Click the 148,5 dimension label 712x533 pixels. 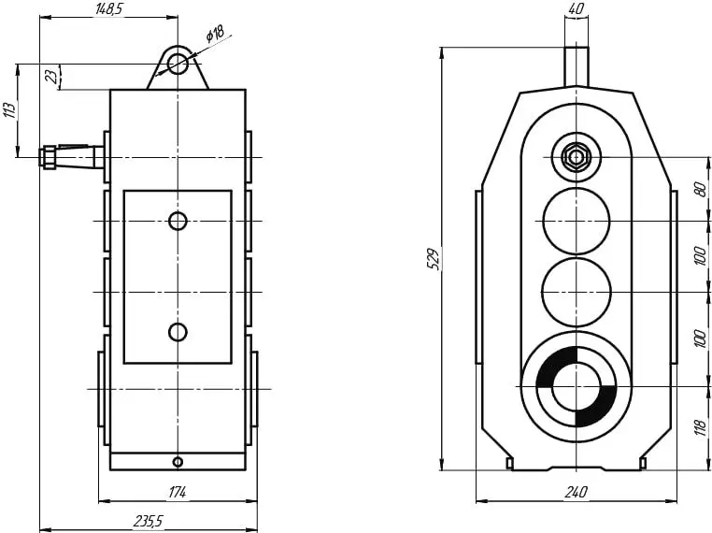(x=109, y=8)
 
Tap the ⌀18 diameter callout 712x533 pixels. (x=215, y=33)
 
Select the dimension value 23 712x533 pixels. (x=53, y=76)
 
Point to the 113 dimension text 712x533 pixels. (x=9, y=110)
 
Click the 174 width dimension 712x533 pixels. (x=178, y=492)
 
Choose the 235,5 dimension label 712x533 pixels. (x=148, y=521)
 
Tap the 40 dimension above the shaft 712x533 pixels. (x=576, y=8)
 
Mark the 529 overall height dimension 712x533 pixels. (x=434, y=259)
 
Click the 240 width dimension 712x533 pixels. (x=576, y=492)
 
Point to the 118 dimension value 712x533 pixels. (x=701, y=427)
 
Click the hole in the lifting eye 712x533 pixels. (x=178, y=64)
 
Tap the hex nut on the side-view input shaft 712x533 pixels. (x=48, y=157)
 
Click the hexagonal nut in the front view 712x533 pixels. (x=576, y=157)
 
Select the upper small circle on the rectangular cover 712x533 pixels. (x=178, y=222)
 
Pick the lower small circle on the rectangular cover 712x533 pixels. (x=178, y=332)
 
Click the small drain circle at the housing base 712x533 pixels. (x=178, y=462)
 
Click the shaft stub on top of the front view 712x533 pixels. (x=576, y=66)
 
